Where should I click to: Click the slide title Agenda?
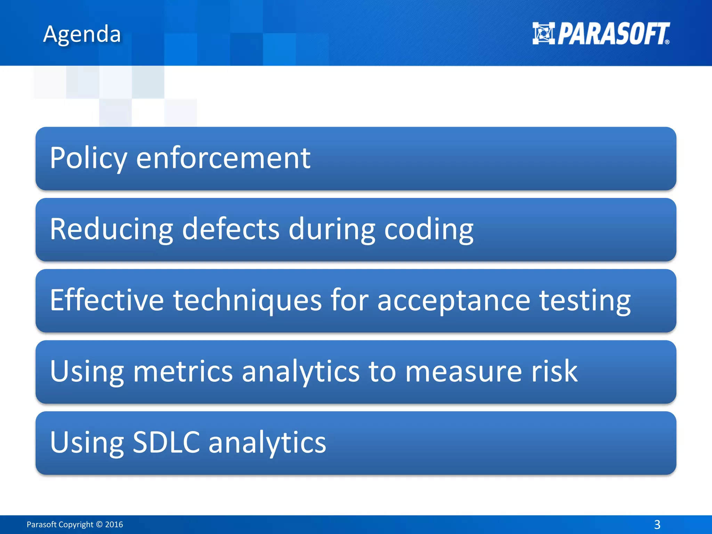82,35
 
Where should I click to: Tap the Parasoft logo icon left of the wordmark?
543,33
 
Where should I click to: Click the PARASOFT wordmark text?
613,34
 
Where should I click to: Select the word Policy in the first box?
88,158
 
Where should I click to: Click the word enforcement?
223,158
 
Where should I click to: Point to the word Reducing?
111,229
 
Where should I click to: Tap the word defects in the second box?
230,229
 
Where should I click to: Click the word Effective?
107,300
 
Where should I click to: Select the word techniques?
248,300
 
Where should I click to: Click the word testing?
585,300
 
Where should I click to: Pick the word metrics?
183,371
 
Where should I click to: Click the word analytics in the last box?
267,442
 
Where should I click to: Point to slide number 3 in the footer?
657,524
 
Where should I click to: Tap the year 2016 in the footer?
114,524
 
